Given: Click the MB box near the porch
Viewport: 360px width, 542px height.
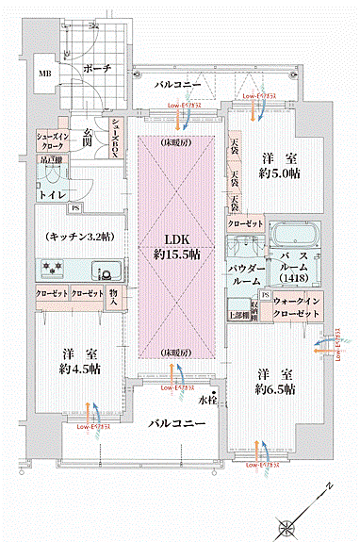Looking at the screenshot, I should [45, 73].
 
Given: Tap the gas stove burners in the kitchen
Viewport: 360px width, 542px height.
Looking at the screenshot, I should [51, 270].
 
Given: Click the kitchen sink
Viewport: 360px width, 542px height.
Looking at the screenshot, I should [104, 271].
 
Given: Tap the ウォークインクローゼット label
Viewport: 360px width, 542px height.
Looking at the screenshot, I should [298, 307].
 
